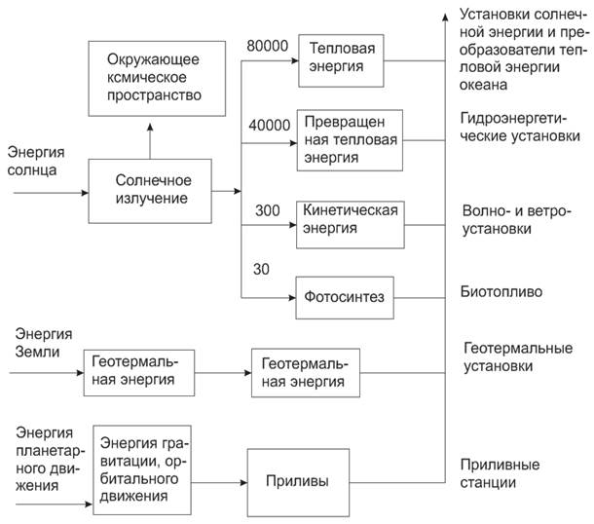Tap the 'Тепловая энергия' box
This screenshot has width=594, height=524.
click(x=336, y=57)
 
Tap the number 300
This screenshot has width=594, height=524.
click(x=267, y=210)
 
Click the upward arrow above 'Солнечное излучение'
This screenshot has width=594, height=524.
click(x=149, y=135)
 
